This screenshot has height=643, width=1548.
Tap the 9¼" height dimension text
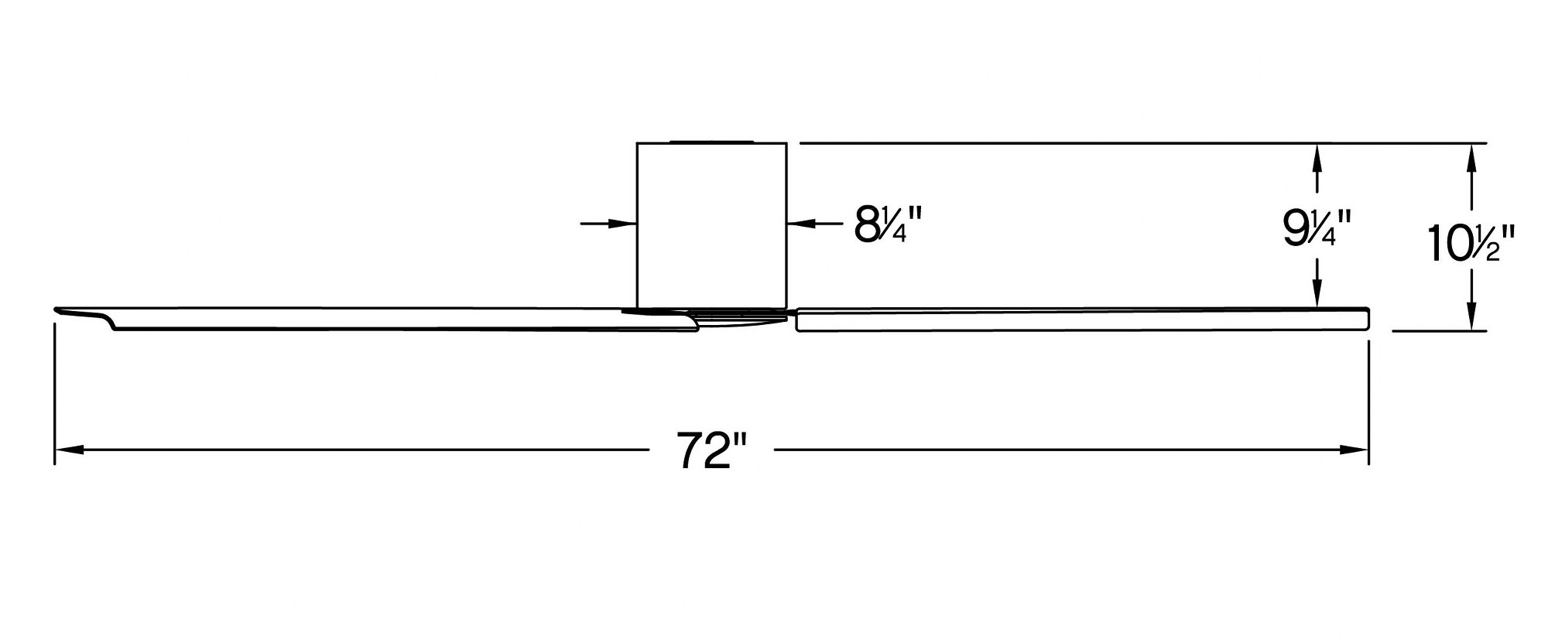pyautogui.click(x=1317, y=227)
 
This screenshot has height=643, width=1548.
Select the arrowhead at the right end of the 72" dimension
pyautogui.click(x=1354, y=450)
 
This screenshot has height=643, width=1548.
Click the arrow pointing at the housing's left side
pyautogui.click(x=608, y=224)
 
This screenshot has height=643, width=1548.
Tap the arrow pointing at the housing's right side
pyautogui.click(x=815, y=224)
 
